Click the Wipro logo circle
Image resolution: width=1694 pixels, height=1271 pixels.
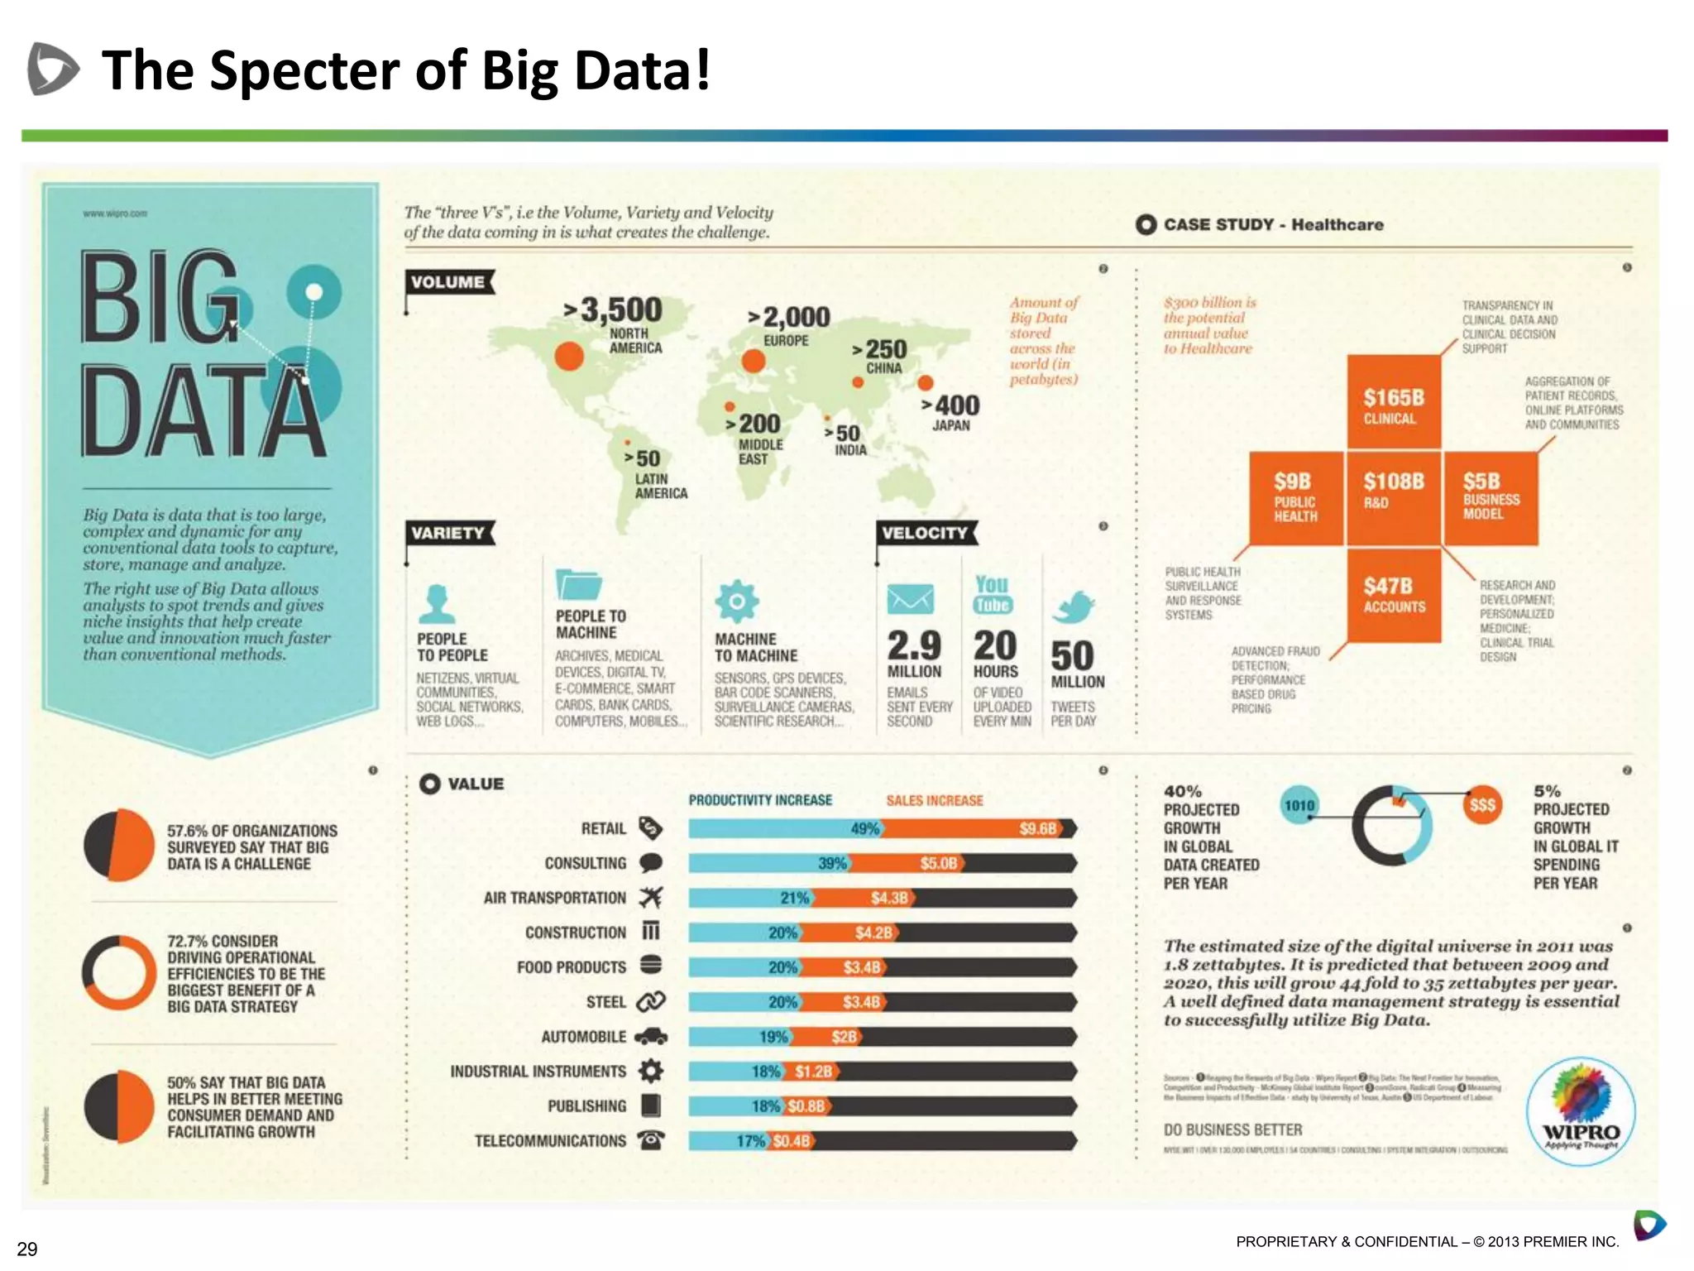[x=1580, y=1110]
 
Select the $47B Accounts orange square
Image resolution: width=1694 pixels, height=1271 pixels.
[x=1394, y=595]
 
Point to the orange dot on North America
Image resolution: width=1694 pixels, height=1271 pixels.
[x=569, y=357]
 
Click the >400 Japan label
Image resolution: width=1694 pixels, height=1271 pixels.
[x=951, y=412]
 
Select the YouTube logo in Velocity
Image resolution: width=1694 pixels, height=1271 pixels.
[x=993, y=595]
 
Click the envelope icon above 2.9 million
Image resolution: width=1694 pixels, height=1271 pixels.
[x=910, y=599]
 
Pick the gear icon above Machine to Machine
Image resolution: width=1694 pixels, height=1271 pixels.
[x=737, y=602]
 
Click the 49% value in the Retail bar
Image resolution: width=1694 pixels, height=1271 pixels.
[x=864, y=828]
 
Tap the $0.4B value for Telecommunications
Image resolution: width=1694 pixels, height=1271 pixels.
[x=792, y=1141]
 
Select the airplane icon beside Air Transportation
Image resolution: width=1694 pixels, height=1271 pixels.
[x=651, y=897]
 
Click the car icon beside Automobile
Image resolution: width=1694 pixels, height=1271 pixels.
[x=651, y=1036]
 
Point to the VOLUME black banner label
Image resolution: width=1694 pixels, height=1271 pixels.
[x=448, y=282]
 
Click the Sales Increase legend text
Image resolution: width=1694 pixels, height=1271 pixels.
[x=935, y=800]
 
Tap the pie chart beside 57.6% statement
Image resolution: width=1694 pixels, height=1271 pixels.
[x=119, y=845]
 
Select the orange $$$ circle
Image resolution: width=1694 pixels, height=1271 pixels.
[x=1481, y=804]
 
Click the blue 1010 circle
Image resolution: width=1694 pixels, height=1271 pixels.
[x=1299, y=805]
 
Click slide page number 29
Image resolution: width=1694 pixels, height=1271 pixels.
[x=27, y=1249]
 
